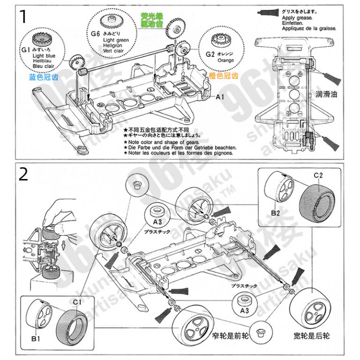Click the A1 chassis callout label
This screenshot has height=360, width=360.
coord(220,97)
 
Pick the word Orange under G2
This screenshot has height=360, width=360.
coord(225,60)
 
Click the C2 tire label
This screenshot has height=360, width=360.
coord(319,175)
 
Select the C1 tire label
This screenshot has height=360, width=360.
coord(76,301)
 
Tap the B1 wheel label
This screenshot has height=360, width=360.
coord(36,339)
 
